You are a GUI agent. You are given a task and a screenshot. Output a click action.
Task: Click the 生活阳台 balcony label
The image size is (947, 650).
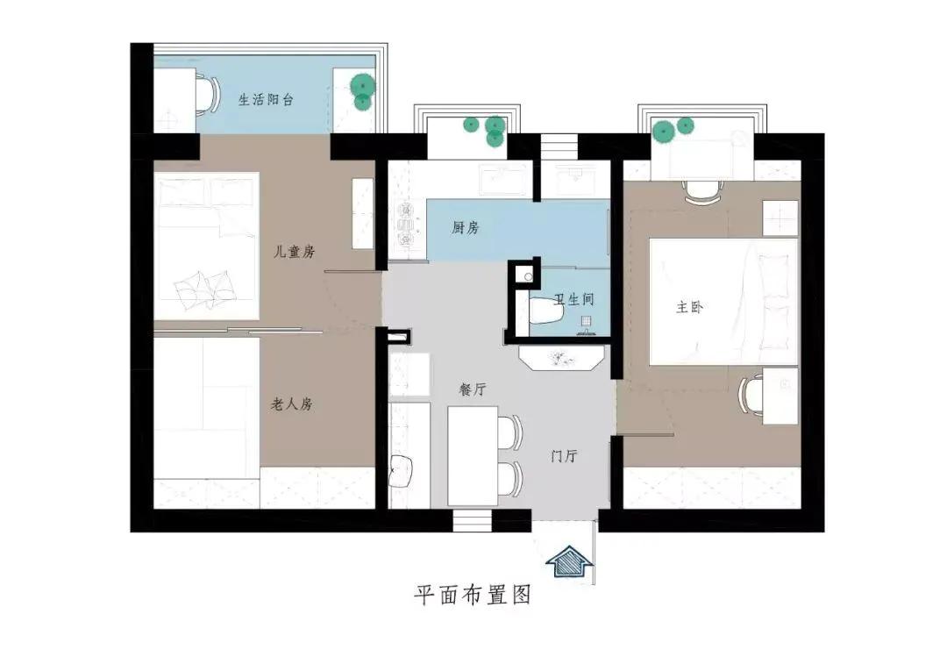pyautogui.click(x=267, y=100)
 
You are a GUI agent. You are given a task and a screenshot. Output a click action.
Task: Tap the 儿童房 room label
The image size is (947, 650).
pyautogui.click(x=294, y=251)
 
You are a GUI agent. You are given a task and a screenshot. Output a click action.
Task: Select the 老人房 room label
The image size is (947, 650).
pyautogui.click(x=292, y=404)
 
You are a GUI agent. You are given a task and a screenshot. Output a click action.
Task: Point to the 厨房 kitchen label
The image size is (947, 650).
pyautogui.click(x=465, y=228)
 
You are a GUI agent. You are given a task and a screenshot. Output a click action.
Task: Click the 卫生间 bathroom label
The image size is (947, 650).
pyautogui.click(x=574, y=299)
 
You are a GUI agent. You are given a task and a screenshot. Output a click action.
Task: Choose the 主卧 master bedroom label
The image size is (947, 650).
pyautogui.click(x=689, y=308)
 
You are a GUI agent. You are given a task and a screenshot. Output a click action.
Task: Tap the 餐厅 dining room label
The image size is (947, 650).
pyautogui.click(x=473, y=389)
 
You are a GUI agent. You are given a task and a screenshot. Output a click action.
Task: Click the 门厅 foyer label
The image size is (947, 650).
pyautogui.click(x=564, y=455)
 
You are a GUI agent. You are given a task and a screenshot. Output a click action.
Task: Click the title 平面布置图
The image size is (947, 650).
pyautogui.click(x=473, y=595)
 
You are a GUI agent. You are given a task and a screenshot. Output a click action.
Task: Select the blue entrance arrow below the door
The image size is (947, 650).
pyautogui.click(x=570, y=563)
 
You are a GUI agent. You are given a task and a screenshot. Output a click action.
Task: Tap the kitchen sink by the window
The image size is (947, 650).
pyautogui.click(x=501, y=179)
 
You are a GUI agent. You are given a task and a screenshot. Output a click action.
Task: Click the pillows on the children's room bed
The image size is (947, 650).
pyautogui.click(x=204, y=288)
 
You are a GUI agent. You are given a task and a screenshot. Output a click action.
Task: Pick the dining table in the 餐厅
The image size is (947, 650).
pyautogui.click(x=473, y=456)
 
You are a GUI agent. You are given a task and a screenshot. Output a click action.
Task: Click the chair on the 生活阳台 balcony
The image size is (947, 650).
pyautogui.click(x=209, y=94)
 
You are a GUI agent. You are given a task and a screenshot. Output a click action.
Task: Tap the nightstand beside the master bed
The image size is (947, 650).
pyautogui.click(x=780, y=218)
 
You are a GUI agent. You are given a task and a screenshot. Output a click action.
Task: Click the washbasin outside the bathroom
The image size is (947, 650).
pyautogui.click(x=561, y=357)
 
